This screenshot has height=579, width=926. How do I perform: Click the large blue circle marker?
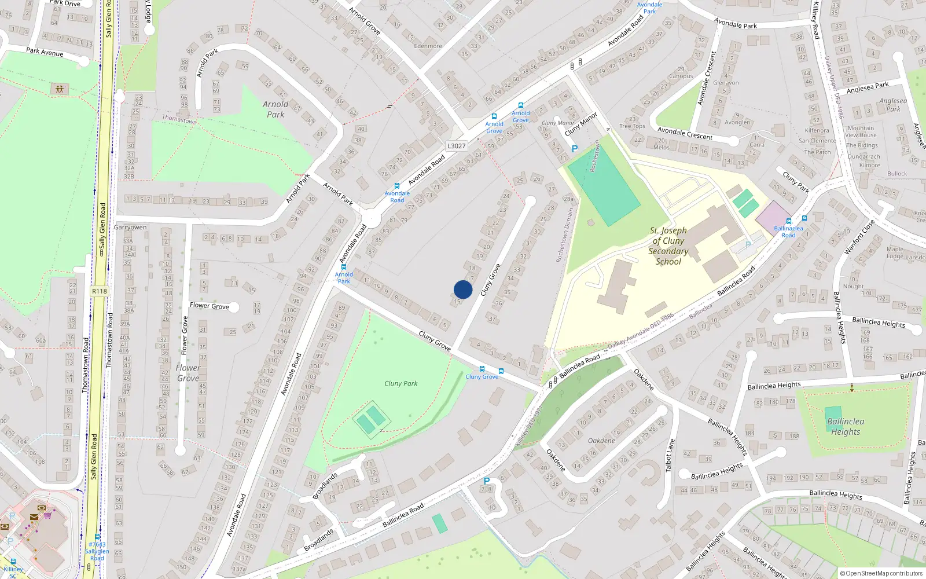point(463,289)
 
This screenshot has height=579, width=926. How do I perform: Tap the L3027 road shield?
point(457,146)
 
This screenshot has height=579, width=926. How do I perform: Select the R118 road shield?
point(100,291)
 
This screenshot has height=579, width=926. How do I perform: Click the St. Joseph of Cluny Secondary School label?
point(668,246)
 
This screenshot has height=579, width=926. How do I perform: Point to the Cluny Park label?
point(400,383)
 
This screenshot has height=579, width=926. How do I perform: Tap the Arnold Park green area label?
point(275,109)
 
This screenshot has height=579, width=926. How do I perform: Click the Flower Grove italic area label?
point(188,373)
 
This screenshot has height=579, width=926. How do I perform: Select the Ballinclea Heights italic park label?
point(846,426)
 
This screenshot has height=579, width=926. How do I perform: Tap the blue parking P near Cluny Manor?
point(574,149)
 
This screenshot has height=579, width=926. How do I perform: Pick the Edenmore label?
point(428,46)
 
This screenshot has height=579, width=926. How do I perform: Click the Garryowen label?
point(130,228)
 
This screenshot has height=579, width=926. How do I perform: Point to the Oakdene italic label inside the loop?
point(601,441)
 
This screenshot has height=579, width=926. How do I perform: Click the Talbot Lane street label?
point(670,455)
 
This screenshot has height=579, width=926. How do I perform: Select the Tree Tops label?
point(632,126)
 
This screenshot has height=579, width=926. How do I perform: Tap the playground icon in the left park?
point(60,89)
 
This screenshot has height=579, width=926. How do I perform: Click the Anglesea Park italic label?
point(893,105)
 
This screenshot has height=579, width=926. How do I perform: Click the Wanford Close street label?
point(859,237)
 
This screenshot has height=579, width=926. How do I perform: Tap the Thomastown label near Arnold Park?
point(179,119)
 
